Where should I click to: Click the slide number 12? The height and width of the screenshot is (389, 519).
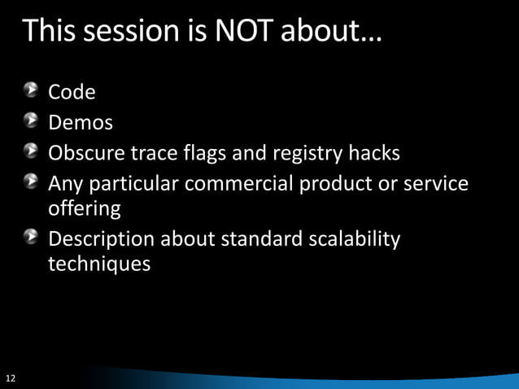coord(11,378)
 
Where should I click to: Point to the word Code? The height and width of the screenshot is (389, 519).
coord(72,93)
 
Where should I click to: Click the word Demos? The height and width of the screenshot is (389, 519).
coord(81,123)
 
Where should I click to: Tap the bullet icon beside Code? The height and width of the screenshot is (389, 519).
coord(30,91)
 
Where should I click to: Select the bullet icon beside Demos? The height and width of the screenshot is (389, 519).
coord(30,121)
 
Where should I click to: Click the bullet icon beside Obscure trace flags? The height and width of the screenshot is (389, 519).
coord(30,151)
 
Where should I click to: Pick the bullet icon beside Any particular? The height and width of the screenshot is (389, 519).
coord(30,182)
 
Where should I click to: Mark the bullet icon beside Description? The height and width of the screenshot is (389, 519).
coord(30,238)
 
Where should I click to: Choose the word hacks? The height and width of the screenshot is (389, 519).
coord(374,153)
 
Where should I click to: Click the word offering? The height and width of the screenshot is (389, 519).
coord(85,209)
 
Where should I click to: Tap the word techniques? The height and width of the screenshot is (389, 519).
coord(98,265)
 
